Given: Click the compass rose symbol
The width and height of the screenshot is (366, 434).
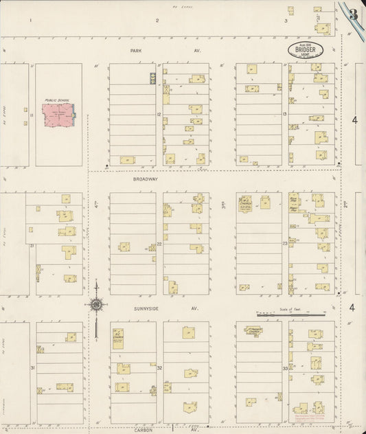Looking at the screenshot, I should [x=97, y=304].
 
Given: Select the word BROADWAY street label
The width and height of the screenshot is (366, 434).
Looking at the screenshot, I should [x=145, y=179].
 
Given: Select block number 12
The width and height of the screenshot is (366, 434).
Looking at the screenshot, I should [x=159, y=114].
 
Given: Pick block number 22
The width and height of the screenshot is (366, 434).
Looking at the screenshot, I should [x=159, y=243].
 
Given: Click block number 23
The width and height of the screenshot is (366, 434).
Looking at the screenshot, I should [x=284, y=243].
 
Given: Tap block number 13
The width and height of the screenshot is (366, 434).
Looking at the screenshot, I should [x=284, y=114].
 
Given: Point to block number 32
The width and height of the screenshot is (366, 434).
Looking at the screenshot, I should [x=159, y=368].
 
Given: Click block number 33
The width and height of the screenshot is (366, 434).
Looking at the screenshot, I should [x=284, y=368].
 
